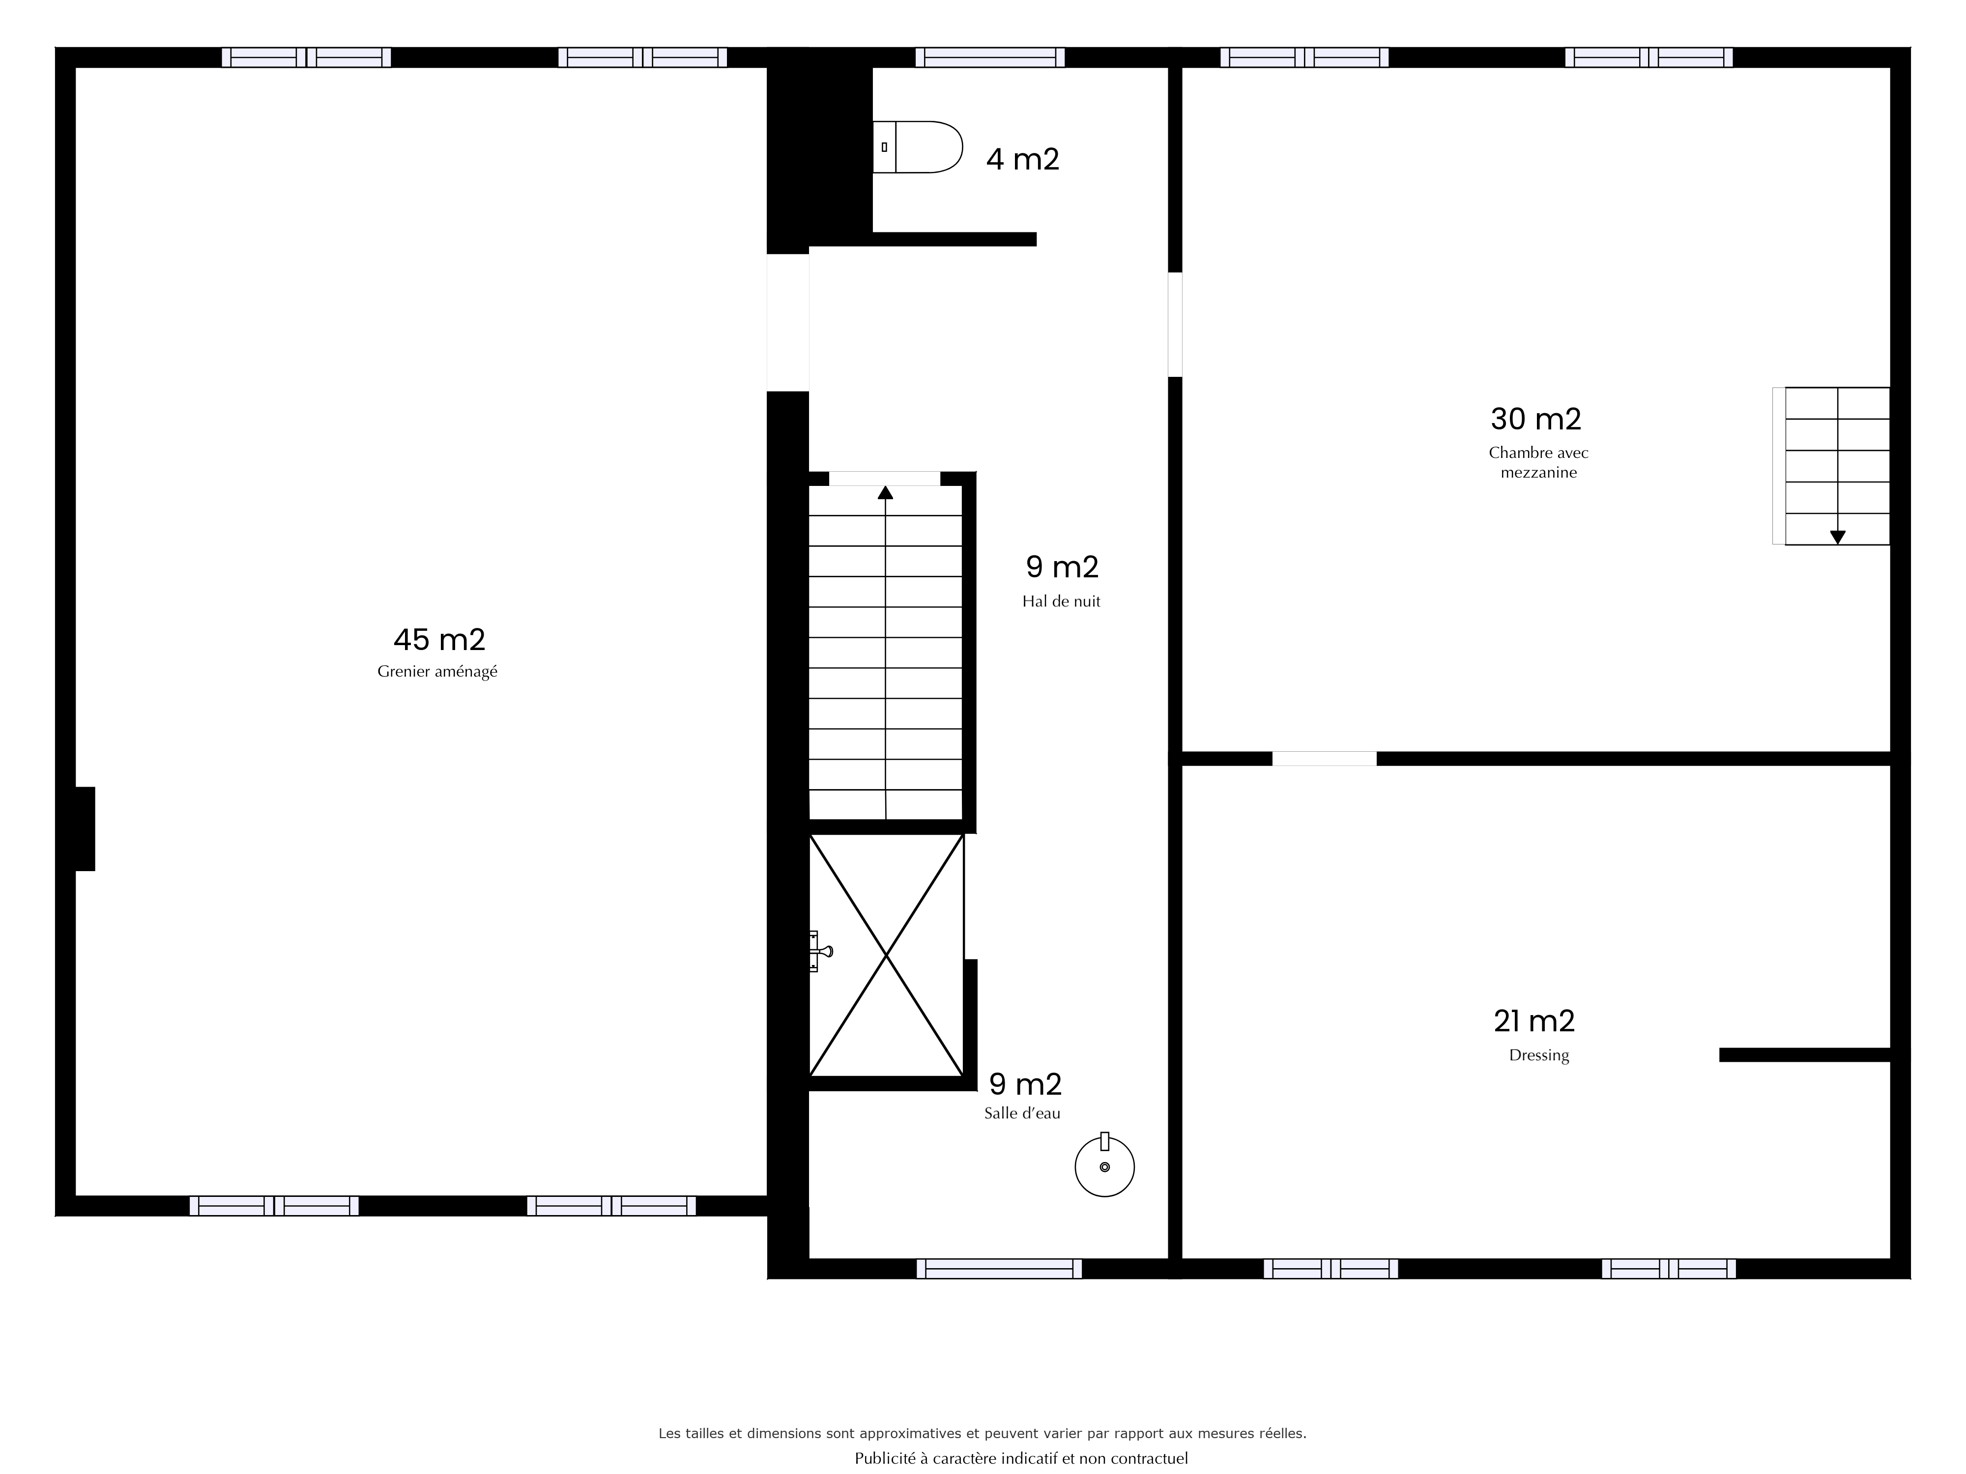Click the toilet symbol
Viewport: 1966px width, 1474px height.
(x=917, y=146)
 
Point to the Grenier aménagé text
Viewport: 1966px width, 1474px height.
(x=437, y=672)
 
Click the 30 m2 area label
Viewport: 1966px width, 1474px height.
(x=1536, y=419)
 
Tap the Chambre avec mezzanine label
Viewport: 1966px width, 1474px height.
(x=1538, y=462)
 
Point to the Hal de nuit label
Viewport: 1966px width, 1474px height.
(x=1061, y=601)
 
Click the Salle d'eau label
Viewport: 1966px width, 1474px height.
(x=1022, y=1113)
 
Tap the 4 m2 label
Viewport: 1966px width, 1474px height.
(x=1023, y=159)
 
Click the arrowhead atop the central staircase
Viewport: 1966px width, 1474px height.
(x=885, y=492)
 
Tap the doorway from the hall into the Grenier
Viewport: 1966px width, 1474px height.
(x=787, y=322)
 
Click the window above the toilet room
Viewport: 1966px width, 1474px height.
(x=990, y=57)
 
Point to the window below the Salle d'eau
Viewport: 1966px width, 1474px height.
(x=999, y=1268)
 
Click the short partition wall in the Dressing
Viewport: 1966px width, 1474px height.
(x=1804, y=1054)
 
